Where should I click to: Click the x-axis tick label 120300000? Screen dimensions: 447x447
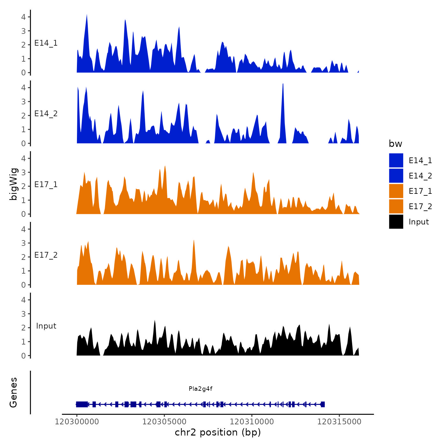pyautogui.click(x=77, y=422)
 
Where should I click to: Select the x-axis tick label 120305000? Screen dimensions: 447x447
pyautogui.click(x=164, y=422)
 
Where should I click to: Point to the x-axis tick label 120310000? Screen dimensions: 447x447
pyautogui.click(x=252, y=422)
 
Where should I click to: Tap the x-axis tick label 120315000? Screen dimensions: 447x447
pyautogui.click(x=339, y=422)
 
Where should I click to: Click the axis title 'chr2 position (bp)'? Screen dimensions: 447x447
pyautogui.click(x=218, y=432)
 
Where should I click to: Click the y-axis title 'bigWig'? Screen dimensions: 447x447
pyautogui.click(x=13, y=184)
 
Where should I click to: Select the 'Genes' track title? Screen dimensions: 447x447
pyautogui.click(x=13, y=392)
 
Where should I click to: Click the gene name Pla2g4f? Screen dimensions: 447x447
pyautogui.click(x=201, y=389)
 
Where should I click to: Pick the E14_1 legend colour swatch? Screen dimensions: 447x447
pyautogui.click(x=396, y=160)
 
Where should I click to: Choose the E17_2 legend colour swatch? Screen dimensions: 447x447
pyautogui.click(x=396, y=206)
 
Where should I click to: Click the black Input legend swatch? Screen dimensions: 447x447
pyautogui.click(x=396, y=222)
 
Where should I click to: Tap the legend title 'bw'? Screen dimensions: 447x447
pyautogui.click(x=395, y=144)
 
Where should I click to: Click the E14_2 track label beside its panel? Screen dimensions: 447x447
pyautogui.click(x=46, y=114)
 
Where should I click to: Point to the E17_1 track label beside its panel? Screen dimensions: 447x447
pyautogui.click(x=46, y=185)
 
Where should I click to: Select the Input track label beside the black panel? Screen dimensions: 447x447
pyautogui.click(x=46, y=326)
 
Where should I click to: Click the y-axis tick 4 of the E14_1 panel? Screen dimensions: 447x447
pyautogui.click(x=24, y=17)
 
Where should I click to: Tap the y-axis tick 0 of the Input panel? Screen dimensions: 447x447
pyautogui.click(x=24, y=356)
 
